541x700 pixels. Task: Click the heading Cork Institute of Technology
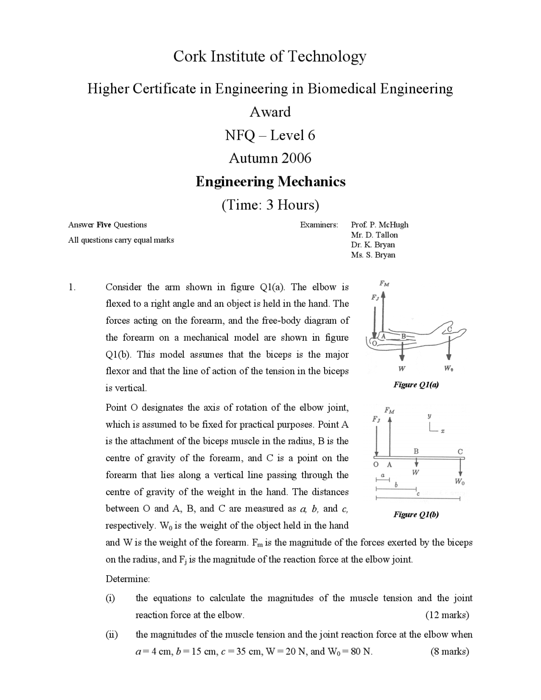(270, 56)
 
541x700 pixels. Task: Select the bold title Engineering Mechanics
(270, 182)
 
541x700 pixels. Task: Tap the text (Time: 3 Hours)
(270, 205)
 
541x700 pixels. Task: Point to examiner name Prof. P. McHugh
(380, 225)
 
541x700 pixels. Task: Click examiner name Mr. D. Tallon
(374, 235)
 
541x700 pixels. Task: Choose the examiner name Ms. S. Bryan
(373, 255)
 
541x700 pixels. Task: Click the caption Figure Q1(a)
(416, 385)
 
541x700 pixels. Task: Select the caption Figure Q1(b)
(416, 514)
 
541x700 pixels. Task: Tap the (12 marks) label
(447, 615)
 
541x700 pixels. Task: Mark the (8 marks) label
(450, 651)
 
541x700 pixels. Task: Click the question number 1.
(72, 287)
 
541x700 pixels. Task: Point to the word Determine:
(128, 579)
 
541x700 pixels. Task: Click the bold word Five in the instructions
(104, 225)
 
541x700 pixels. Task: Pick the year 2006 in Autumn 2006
(296, 159)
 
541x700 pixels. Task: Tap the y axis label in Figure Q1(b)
(430, 416)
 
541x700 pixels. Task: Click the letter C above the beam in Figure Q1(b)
(460, 451)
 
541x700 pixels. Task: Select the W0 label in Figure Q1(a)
(449, 369)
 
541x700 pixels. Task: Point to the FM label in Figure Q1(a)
(384, 284)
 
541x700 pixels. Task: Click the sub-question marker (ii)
(112, 634)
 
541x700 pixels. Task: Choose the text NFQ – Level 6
(270, 136)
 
